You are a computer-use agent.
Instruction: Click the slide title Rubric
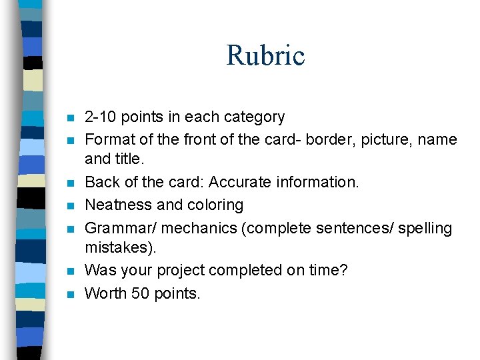[x=265, y=55]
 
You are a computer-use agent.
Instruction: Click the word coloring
[x=215, y=205]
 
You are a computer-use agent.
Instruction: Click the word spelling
[x=425, y=228]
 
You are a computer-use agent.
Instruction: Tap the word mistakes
[x=120, y=248]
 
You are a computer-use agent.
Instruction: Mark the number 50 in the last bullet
[x=140, y=293]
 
